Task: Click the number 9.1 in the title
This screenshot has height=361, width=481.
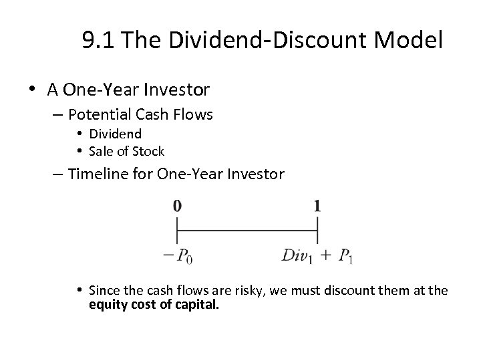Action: point(98,41)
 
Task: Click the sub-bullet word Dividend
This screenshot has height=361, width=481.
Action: point(115,134)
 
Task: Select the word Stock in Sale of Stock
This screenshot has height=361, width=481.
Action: point(149,151)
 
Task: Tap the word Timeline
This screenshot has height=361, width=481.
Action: point(102,174)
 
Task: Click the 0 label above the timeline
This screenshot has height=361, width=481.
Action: point(177,206)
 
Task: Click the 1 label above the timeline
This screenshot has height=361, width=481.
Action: point(317,206)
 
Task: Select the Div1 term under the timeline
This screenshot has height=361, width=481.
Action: point(297,256)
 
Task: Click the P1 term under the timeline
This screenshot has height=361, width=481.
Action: point(345,256)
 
